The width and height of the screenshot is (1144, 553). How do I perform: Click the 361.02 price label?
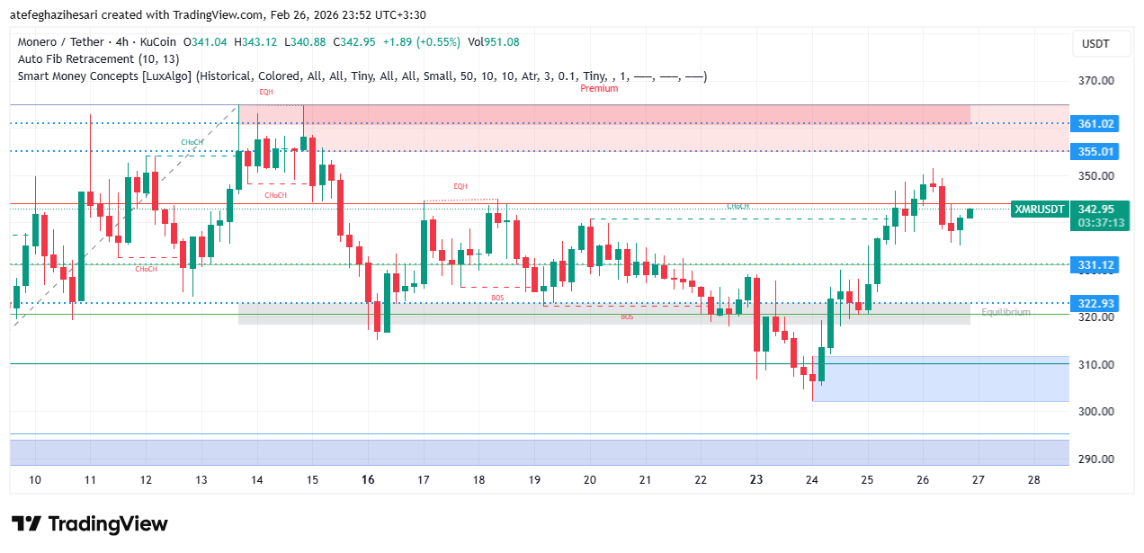tap(1095, 123)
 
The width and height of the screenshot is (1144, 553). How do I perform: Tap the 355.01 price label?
tap(1095, 151)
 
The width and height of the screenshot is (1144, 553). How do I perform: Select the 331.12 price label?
tap(1095, 264)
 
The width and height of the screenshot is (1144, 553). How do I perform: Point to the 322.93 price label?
tap(1095, 303)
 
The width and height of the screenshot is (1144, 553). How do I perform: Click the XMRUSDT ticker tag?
tap(1039, 209)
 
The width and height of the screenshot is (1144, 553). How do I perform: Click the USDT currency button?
tap(1095, 44)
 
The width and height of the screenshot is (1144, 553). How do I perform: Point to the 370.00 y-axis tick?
tap(1095, 81)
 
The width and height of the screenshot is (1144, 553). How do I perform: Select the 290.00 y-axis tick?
tap(1095, 459)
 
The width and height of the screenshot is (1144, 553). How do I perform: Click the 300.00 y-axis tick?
tap(1095, 411)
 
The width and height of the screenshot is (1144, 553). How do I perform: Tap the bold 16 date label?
tap(368, 480)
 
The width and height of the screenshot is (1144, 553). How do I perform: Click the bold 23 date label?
tap(756, 480)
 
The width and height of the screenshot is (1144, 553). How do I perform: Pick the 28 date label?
tap(1033, 480)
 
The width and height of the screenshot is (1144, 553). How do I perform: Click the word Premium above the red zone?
tap(599, 88)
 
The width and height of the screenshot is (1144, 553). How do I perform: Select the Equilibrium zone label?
tap(1005, 312)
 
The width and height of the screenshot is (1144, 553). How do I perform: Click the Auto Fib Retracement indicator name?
tap(76, 58)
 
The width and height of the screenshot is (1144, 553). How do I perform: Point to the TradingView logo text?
tap(107, 523)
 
